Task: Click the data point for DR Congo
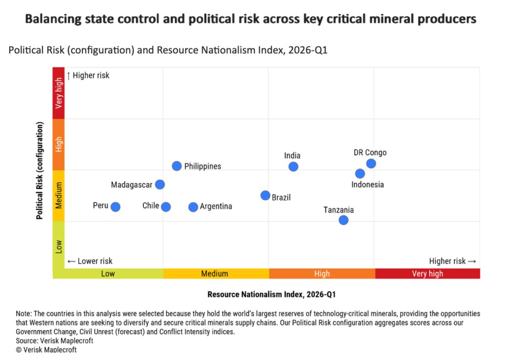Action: (371, 164)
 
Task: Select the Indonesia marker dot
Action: (360, 174)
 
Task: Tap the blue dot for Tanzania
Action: (343, 220)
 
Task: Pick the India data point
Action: (293, 167)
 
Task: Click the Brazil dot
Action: (265, 195)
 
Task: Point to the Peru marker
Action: (116, 207)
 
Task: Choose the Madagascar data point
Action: (160, 184)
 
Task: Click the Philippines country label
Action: (202, 166)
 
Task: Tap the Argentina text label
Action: (216, 207)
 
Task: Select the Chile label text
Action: (150, 206)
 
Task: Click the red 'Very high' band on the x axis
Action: (427, 274)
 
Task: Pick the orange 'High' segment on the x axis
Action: (322, 274)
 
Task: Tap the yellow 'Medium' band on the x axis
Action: (215, 274)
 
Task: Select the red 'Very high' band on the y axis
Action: (59, 93)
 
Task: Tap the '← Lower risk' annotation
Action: (90, 261)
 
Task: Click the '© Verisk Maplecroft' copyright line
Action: (46, 349)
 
